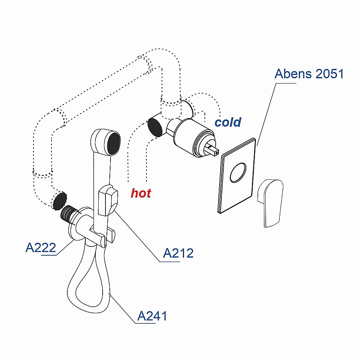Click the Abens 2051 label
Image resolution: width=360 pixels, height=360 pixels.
click(309, 74)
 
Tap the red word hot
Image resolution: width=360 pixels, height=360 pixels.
click(141, 193)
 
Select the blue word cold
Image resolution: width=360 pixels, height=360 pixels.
click(228, 122)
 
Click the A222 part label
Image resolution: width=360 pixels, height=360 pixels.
click(40, 247)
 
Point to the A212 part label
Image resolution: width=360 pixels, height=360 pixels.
click(178, 253)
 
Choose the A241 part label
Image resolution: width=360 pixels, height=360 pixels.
click(152, 316)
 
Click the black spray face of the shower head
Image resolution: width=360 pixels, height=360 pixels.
click(113, 143)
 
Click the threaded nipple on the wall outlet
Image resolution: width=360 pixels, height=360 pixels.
click(67, 214)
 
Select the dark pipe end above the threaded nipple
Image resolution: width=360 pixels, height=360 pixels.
click(60, 201)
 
